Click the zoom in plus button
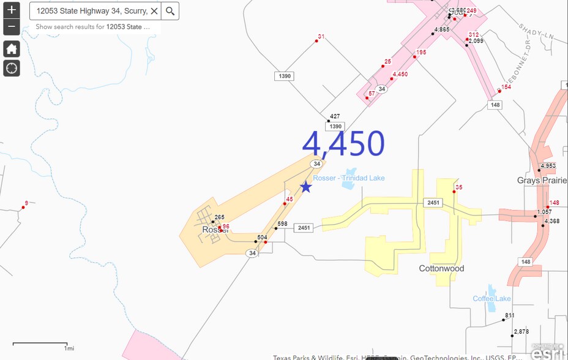(12, 10)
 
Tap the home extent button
(12, 49)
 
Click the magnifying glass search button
(171, 11)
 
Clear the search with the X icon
(154, 11)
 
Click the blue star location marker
(305, 187)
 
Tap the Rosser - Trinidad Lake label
(349, 178)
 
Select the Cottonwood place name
(441, 269)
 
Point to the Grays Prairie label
(541, 181)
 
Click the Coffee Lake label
(491, 299)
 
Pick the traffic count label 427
(335, 116)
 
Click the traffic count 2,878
(521, 331)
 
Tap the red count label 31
(321, 37)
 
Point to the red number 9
(26, 203)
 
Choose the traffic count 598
(282, 224)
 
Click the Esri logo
(547, 353)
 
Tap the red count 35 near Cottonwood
(459, 187)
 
